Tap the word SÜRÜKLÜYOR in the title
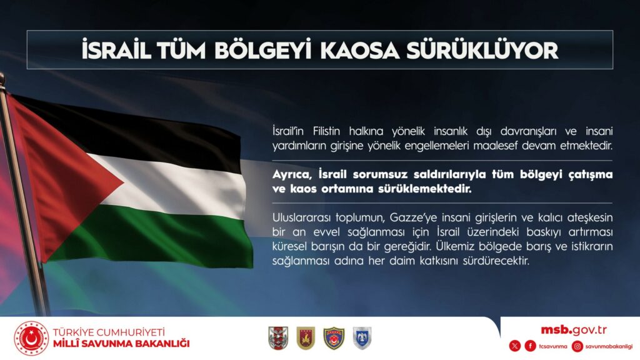[x=482, y=49]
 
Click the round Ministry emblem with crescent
[x=31, y=338]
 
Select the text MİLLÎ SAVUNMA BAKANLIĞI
[x=121, y=344]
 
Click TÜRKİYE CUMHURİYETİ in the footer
[x=109, y=332]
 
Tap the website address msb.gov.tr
[x=574, y=330]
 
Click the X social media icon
[x=515, y=346]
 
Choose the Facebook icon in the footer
[x=530, y=346]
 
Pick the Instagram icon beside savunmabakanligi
[x=577, y=346]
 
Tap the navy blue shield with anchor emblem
[x=334, y=338]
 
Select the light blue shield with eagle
[x=362, y=338]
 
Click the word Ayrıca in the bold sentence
[x=292, y=175]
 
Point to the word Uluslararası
[x=301, y=217]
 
